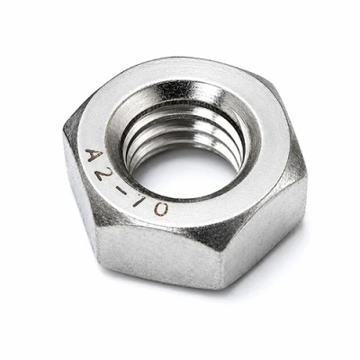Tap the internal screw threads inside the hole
point(180,132)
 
